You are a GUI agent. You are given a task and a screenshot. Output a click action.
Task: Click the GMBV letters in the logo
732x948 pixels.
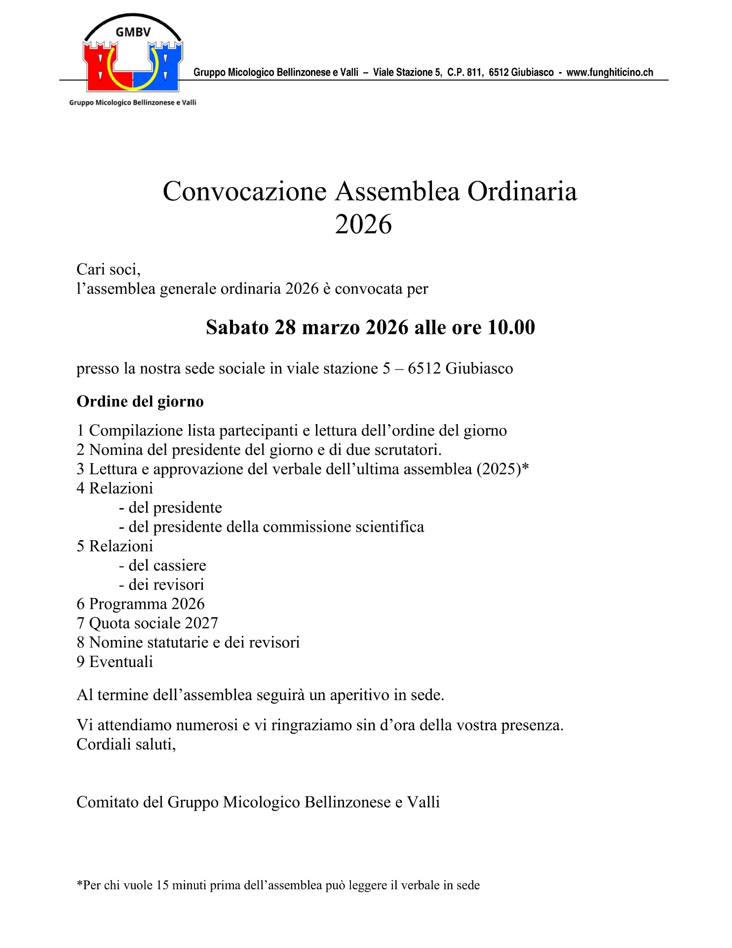click(x=133, y=33)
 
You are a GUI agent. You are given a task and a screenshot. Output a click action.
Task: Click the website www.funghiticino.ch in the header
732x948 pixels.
click(x=610, y=73)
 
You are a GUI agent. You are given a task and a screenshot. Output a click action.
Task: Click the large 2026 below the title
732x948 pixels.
click(x=363, y=224)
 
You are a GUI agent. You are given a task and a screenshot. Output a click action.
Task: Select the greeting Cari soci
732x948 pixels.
click(x=109, y=270)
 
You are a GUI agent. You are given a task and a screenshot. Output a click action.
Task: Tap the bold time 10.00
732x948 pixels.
click(x=511, y=327)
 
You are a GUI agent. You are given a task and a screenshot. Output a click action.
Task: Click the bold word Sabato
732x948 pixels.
click(x=237, y=327)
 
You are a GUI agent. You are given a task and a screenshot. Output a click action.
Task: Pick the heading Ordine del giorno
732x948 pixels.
click(x=140, y=401)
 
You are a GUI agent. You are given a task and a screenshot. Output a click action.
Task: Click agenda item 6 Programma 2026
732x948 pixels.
click(x=141, y=604)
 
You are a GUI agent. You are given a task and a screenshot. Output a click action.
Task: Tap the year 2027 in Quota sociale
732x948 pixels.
click(x=201, y=623)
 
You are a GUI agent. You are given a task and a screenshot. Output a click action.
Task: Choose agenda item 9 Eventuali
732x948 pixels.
click(x=115, y=662)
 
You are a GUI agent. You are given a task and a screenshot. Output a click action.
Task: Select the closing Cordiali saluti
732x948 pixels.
click(x=126, y=744)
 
